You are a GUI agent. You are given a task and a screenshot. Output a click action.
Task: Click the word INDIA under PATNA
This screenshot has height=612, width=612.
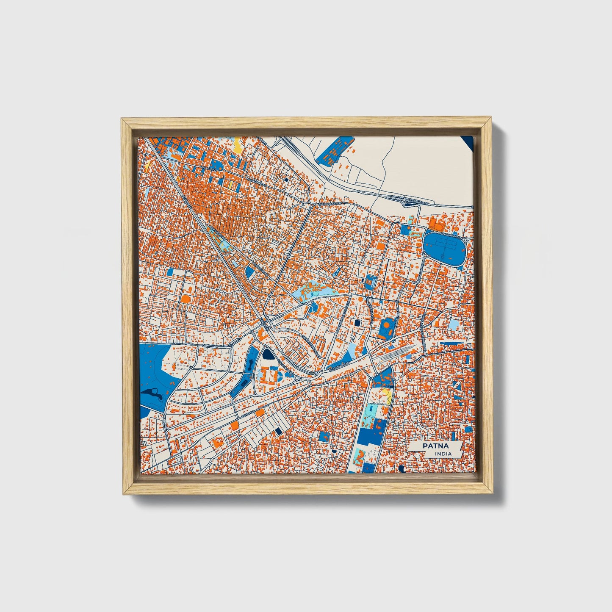tap(443, 454)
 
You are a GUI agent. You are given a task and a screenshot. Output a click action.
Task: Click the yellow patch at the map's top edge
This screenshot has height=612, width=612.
tap(238, 147)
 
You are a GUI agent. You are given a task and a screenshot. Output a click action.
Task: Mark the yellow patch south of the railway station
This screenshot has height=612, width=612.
tap(386, 393)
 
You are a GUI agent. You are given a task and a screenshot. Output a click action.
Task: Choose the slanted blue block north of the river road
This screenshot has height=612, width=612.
tap(335, 150)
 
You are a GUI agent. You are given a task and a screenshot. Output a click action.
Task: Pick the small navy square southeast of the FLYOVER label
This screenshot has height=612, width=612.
tap(278, 431)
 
